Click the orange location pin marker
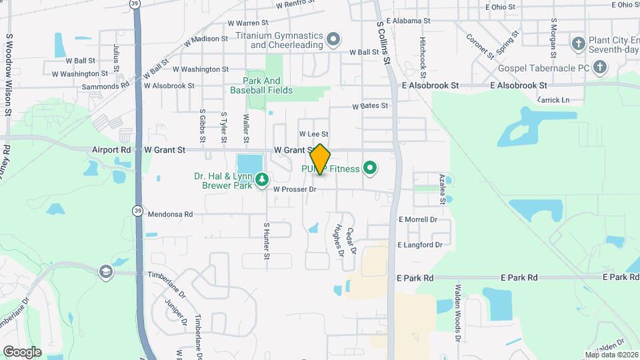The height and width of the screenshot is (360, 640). [x=320, y=159]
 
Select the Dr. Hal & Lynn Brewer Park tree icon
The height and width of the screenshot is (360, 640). [x=263, y=179]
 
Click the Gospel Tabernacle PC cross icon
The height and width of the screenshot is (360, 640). [x=600, y=67]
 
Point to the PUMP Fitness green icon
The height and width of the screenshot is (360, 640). [x=371, y=169]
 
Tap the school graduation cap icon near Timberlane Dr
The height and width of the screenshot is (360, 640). [x=105, y=271]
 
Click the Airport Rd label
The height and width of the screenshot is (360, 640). [x=111, y=150]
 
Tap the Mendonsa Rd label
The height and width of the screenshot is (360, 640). [x=171, y=215]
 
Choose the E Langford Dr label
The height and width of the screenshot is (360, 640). [x=420, y=245]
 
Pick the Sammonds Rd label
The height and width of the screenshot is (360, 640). [x=105, y=86]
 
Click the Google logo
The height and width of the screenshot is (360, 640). [x=22, y=351]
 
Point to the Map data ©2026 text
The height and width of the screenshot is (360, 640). [x=611, y=355]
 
